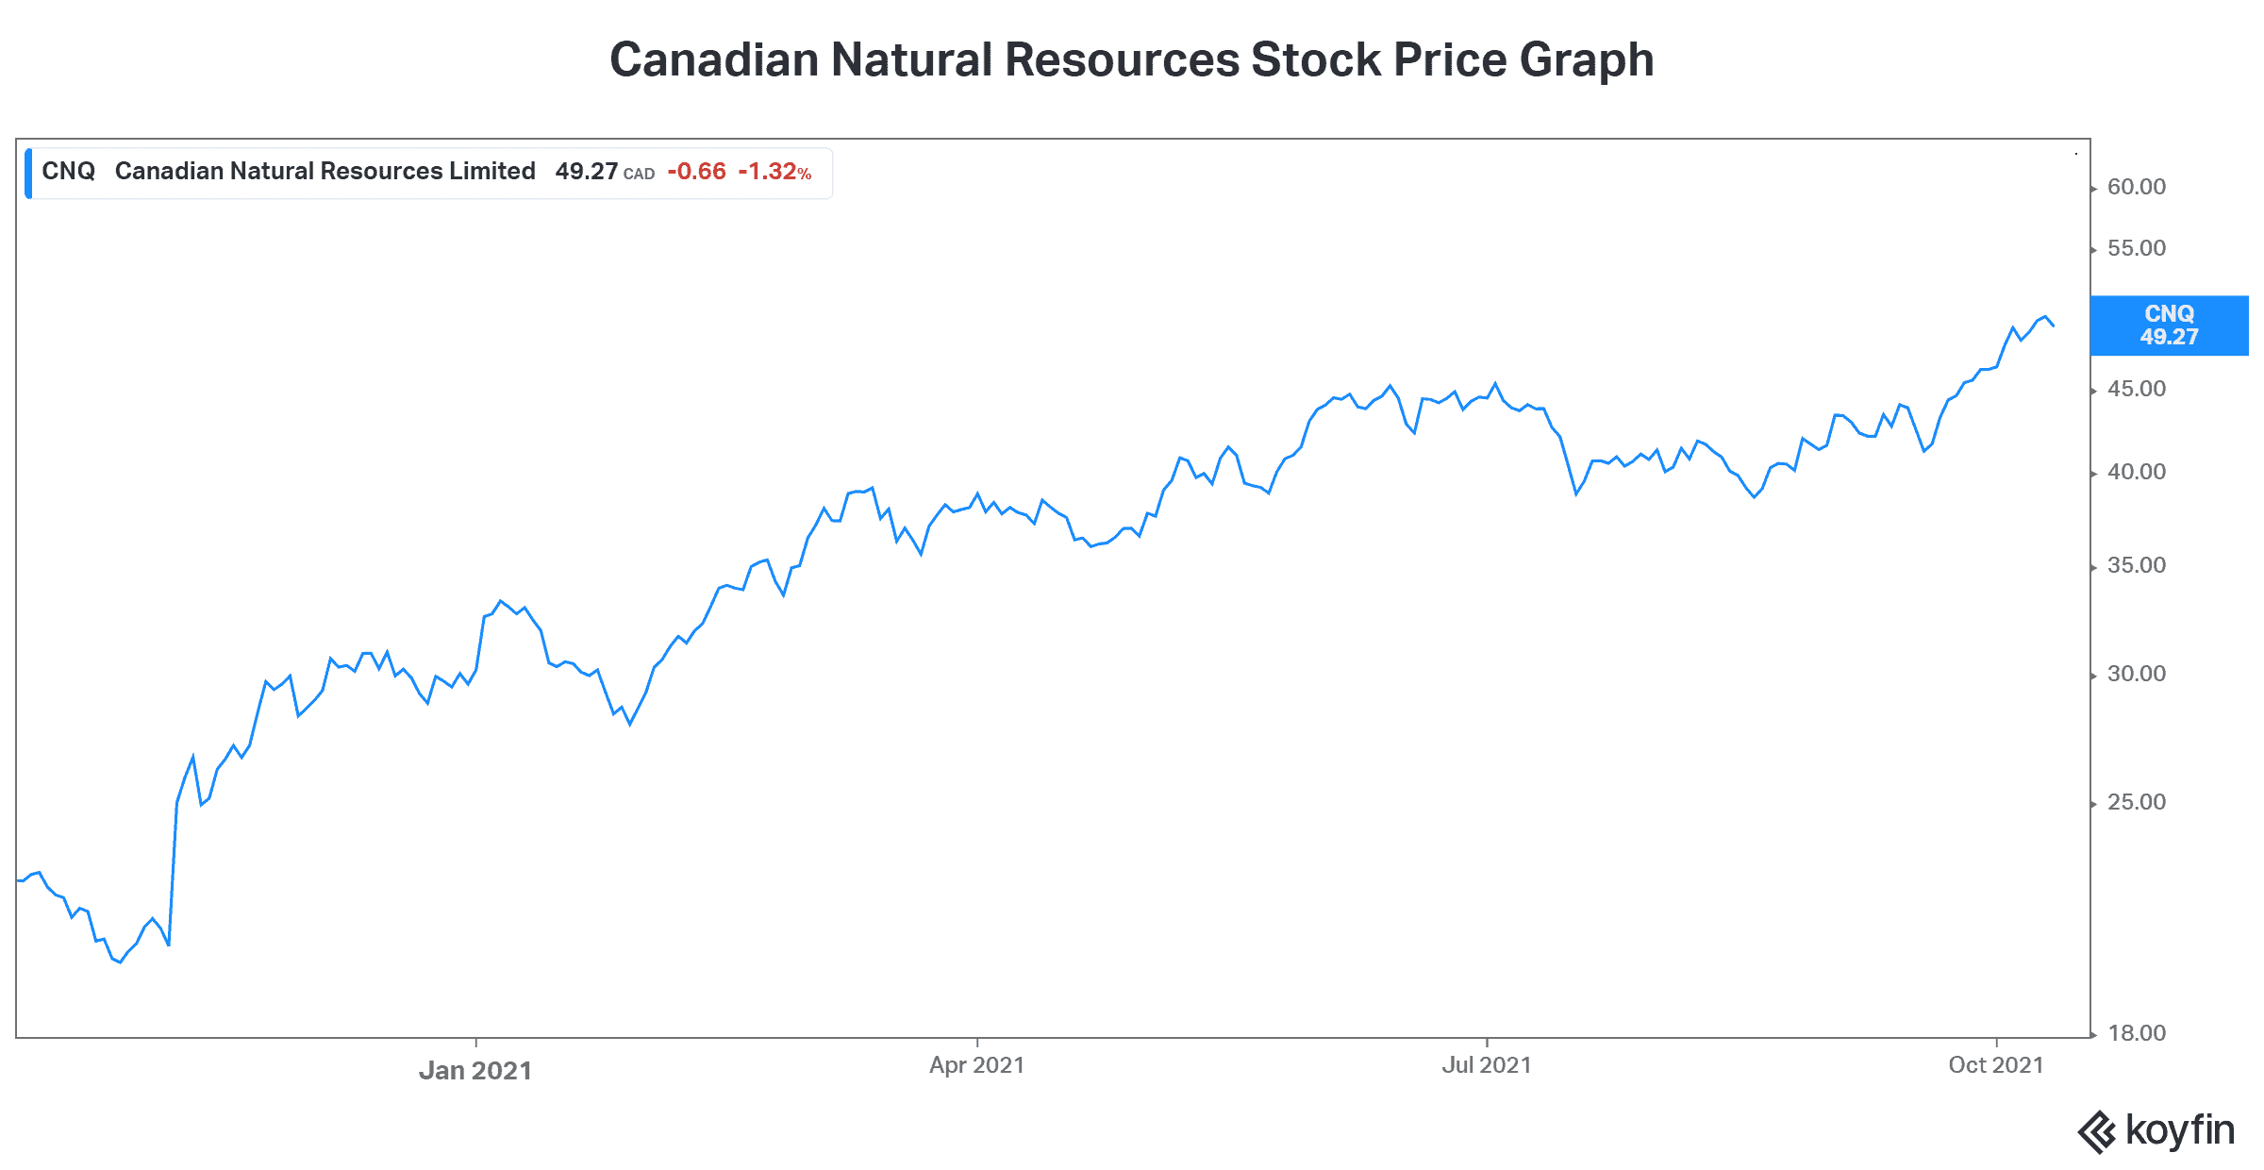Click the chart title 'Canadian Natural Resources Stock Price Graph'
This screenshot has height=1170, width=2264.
point(1131,59)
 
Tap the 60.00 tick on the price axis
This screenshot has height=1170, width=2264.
point(2136,187)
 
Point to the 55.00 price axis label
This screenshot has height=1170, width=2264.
point(2136,248)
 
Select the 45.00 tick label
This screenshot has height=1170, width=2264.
point(2136,389)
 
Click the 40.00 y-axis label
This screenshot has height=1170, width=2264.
point(2136,472)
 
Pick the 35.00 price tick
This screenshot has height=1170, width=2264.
point(2136,565)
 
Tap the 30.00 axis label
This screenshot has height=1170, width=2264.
point(2136,674)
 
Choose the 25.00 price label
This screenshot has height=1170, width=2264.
point(2136,802)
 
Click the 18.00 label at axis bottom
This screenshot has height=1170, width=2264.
point(2136,1033)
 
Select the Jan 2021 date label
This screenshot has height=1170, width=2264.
point(475,1070)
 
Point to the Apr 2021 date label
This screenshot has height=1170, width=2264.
point(976,1065)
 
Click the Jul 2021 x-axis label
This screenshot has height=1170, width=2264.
point(1486,1065)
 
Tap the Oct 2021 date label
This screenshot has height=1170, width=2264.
point(1995,1065)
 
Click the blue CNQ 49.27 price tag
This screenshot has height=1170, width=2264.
point(2169,326)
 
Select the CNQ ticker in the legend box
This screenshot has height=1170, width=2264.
point(69,172)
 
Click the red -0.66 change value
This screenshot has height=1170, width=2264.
point(696,172)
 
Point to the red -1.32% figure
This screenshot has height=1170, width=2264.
point(774,172)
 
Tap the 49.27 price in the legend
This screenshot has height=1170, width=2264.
point(586,172)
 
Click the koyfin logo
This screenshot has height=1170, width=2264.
point(2156,1130)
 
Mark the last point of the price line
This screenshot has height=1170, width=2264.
point(2053,326)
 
